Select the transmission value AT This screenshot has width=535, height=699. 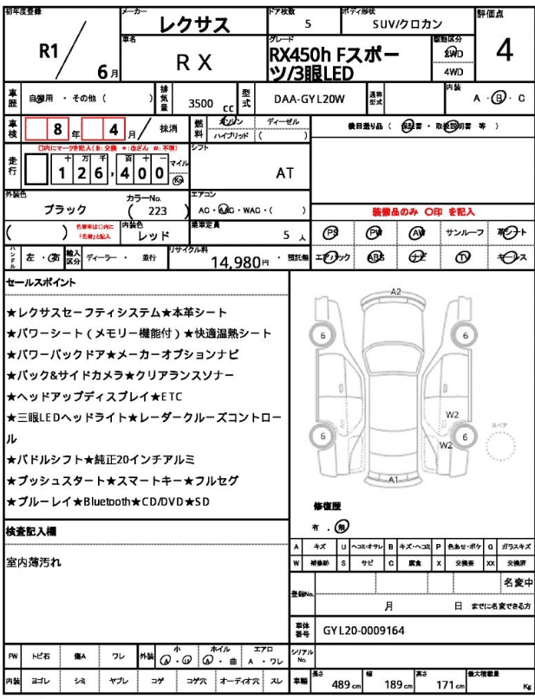284,172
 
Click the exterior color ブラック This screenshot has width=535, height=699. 65,210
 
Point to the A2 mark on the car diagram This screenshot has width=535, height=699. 395,292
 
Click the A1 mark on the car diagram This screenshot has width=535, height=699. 393,479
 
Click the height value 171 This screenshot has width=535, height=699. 445,683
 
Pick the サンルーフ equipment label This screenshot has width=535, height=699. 464,234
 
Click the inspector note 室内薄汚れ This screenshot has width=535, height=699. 34,563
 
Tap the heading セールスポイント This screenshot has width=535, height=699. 41,282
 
